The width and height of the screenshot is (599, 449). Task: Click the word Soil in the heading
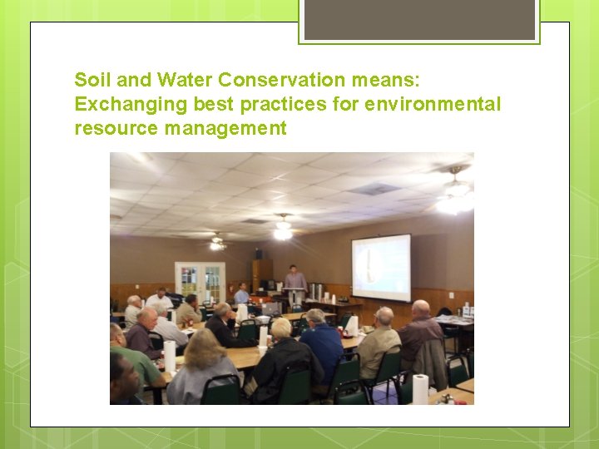(90, 80)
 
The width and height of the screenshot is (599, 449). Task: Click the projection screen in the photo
(381, 268)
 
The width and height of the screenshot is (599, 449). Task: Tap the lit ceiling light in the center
(283, 230)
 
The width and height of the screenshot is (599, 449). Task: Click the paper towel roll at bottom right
(420, 388)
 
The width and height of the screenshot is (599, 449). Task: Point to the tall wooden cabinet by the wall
(262, 274)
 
